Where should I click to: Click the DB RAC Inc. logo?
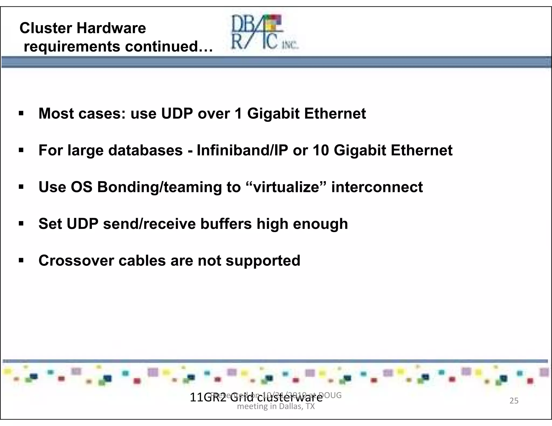tap(264, 32)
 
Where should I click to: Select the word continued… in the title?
tap(169, 46)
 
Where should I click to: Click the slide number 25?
tap(514, 401)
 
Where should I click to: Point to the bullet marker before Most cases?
tap(21, 113)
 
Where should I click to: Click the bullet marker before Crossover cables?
tap(21, 260)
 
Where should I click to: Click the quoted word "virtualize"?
tap(286, 187)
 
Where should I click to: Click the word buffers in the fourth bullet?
tap(226, 224)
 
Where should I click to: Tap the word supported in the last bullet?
tap(263, 261)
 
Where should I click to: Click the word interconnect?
tap(377, 187)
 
